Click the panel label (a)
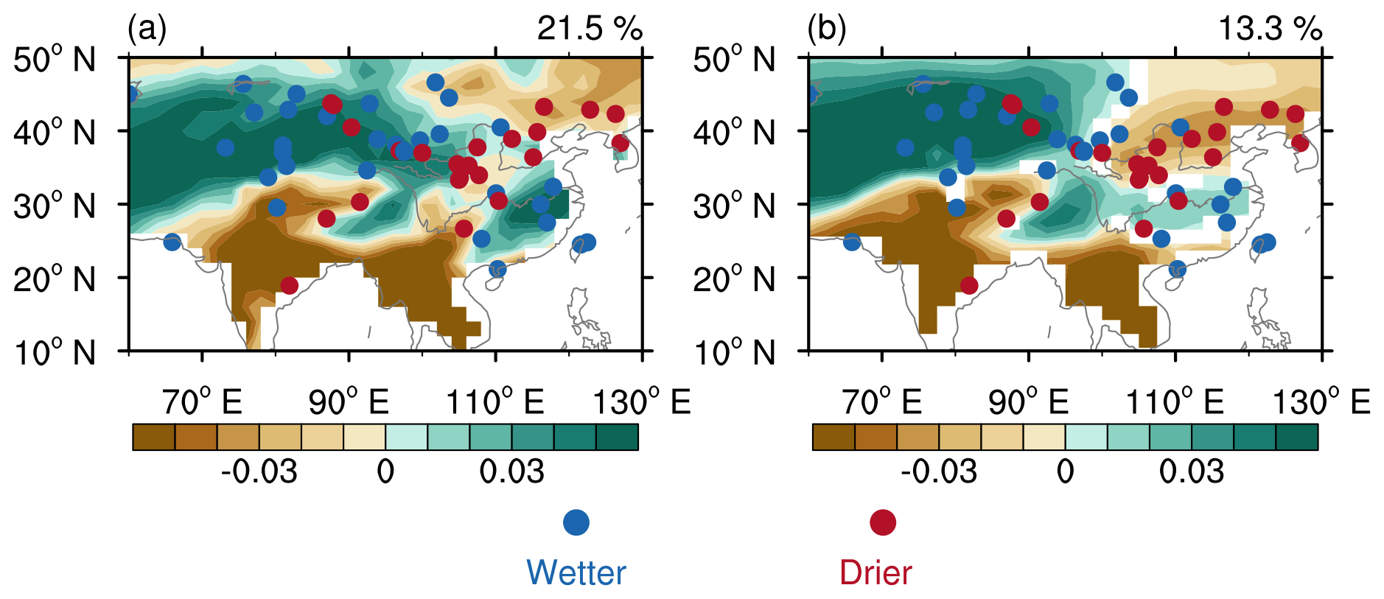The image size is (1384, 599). (147, 29)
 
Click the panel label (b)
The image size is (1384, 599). (826, 29)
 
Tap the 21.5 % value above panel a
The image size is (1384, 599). (590, 29)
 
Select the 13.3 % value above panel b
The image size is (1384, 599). (1270, 29)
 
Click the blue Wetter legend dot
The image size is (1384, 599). (576, 522)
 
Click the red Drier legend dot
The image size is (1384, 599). (883, 522)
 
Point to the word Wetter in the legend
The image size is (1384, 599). (576, 572)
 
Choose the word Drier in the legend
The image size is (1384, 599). (876, 572)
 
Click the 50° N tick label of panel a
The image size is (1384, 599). (55, 60)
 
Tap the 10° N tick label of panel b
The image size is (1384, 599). (734, 353)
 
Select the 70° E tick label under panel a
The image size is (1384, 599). (202, 402)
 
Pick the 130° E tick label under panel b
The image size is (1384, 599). (1321, 402)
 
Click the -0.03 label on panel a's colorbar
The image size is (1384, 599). (259, 472)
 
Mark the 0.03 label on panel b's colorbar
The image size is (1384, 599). (1191, 472)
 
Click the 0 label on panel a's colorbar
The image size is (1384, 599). (385, 472)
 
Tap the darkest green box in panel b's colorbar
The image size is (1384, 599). (1296, 437)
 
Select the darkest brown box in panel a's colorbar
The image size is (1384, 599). (154, 437)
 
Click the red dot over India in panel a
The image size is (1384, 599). (290, 285)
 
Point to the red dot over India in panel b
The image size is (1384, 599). (969, 285)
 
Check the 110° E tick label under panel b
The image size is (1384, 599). (1175, 402)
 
